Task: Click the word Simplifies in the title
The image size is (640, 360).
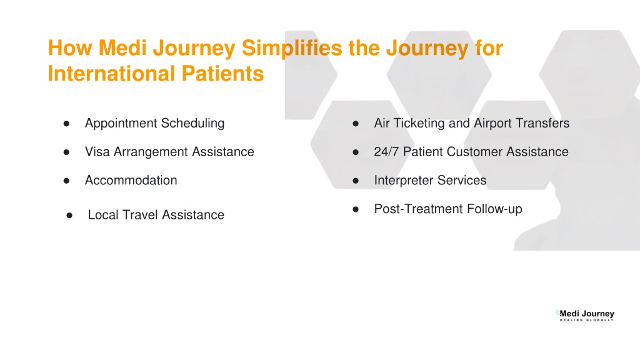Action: click(x=292, y=49)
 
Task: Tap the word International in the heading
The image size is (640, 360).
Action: click(x=111, y=74)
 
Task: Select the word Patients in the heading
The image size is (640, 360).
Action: click(x=222, y=74)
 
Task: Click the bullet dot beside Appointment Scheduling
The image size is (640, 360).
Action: click(x=66, y=124)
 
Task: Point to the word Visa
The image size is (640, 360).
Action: click(x=97, y=152)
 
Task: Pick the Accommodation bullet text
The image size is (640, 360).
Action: click(x=131, y=181)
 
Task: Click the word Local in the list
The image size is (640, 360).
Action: click(x=103, y=215)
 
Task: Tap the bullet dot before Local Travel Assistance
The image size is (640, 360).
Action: click(x=69, y=216)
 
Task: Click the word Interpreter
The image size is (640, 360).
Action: click(x=404, y=181)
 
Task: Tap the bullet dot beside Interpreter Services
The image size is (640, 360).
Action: click(x=356, y=181)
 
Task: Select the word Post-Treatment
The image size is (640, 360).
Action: click(x=419, y=209)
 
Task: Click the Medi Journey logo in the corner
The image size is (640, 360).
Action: click(x=585, y=316)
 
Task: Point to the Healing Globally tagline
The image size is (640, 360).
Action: click(x=586, y=321)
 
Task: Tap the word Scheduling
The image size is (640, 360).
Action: click(x=192, y=124)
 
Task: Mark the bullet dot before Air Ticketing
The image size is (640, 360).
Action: click(x=356, y=124)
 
